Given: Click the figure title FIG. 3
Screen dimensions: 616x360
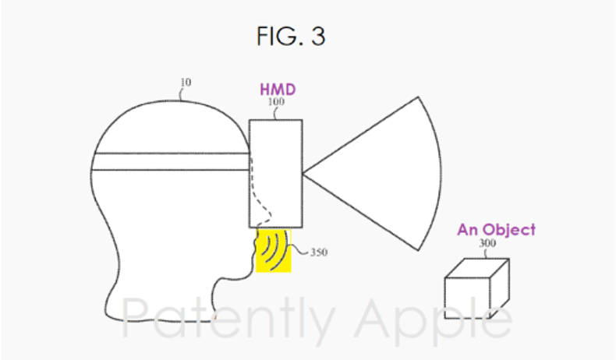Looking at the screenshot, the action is [x=291, y=36].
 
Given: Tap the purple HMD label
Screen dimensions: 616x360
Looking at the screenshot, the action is [x=278, y=90].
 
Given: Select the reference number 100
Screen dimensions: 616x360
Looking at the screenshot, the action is [x=276, y=101].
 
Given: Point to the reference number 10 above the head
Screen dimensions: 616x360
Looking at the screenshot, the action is [x=186, y=83].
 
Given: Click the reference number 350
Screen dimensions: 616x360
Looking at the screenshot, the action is [x=319, y=252].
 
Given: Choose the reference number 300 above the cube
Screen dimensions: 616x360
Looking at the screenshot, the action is [x=487, y=243].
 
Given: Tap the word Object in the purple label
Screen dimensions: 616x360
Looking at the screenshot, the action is [x=509, y=230].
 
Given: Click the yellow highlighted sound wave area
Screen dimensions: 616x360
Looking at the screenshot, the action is [x=274, y=251].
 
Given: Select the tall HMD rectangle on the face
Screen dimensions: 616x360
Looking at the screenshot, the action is [x=276, y=174].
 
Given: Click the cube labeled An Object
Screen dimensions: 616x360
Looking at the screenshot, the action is [x=477, y=288].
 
